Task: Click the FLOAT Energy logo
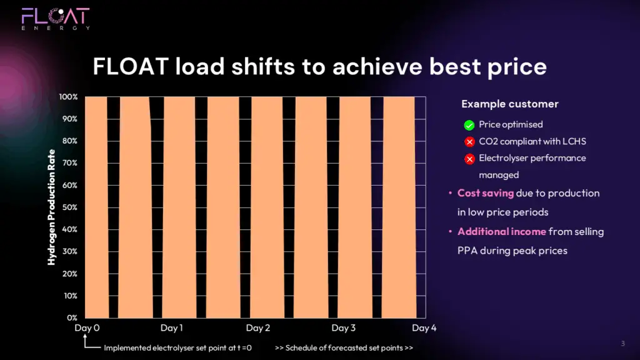pos(56,19)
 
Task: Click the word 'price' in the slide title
pos(517,67)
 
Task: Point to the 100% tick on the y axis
pos(68,97)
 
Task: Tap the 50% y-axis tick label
pos(69,207)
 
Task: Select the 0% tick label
pos(72,317)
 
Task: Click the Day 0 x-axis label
pos(87,327)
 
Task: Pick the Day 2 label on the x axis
pos(258,327)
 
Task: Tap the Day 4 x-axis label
pos(424,327)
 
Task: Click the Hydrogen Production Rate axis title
pos(51,207)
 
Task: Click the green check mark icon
pos(469,125)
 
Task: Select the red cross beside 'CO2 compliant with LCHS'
pos(469,142)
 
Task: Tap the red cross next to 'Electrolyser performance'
pos(469,159)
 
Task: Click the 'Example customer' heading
pos(510,104)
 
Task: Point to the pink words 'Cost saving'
pos(485,193)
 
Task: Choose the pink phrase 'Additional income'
pos(502,231)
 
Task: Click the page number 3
pos(623,343)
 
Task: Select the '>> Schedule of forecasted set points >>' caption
pos(344,347)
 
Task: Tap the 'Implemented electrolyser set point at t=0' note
pos(177,347)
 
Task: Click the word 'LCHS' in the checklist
pos(574,141)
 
